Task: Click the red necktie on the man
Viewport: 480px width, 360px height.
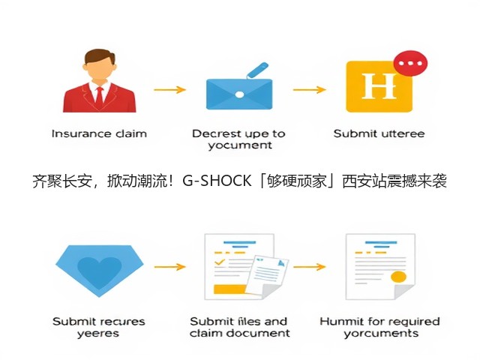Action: pyautogui.click(x=100, y=98)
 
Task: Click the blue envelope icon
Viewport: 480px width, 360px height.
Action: pyautogui.click(x=239, y=94)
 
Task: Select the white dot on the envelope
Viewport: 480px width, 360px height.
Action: pyautogui.click(x=239, y=94)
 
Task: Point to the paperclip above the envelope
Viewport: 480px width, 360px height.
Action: pyautogui.click(x=256, y=70)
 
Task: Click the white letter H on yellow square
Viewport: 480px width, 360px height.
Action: pyautogui.click(x=379, y=86)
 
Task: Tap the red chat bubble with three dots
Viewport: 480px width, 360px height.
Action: pyautogui.click(x=410, y=63)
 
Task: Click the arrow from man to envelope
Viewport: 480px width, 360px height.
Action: pyautogui.click(x=170, y=90)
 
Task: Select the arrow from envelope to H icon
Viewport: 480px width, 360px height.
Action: pyautogui.click(x=310, y=90)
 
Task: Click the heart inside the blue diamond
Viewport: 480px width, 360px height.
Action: pyautogui.click(x=100, y=271)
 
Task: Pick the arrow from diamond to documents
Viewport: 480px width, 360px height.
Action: pyautogui.click(x=170, y=267)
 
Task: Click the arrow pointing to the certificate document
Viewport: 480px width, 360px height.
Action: pyautogui.click(x=310, y=267)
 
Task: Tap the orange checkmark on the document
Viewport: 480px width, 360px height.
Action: pyautogui.click(x=220, y=262)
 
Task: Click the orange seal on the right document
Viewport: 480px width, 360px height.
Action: pyautogui.click(x=398, y=277)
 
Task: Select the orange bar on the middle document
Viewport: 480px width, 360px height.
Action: pyautogui.click(x=230, y=289)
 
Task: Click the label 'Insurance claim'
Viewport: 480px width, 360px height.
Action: pyautogui.click(x=99, y=133)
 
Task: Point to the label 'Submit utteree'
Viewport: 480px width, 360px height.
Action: pyautogui.click(x=379, y=133)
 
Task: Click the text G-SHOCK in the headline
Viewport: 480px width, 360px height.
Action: pyautogui.click(x=217, y=181)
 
